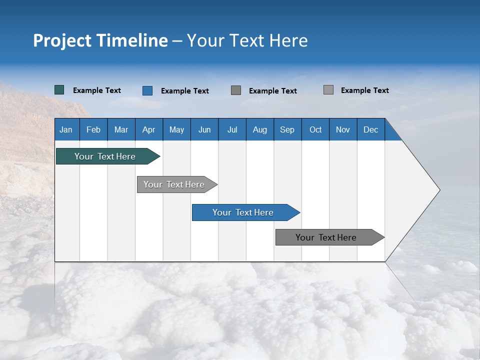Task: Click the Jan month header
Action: coord(66,130)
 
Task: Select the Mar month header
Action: coord(121,130)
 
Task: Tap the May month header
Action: coord(176,130)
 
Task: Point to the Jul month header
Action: coord(232,130)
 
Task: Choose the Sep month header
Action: coord(287,130)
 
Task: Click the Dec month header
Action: coord(370,130)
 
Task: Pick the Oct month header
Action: coord(315,130)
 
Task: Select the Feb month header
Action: coord(93,130)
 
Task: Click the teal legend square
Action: coord(59,90)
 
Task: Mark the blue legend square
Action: coord(147,90)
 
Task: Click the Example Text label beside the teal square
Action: coord(97,90)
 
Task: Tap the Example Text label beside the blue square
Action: coord(185,91)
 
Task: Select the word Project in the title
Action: coord(62,40)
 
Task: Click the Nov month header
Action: coord(343,130)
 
